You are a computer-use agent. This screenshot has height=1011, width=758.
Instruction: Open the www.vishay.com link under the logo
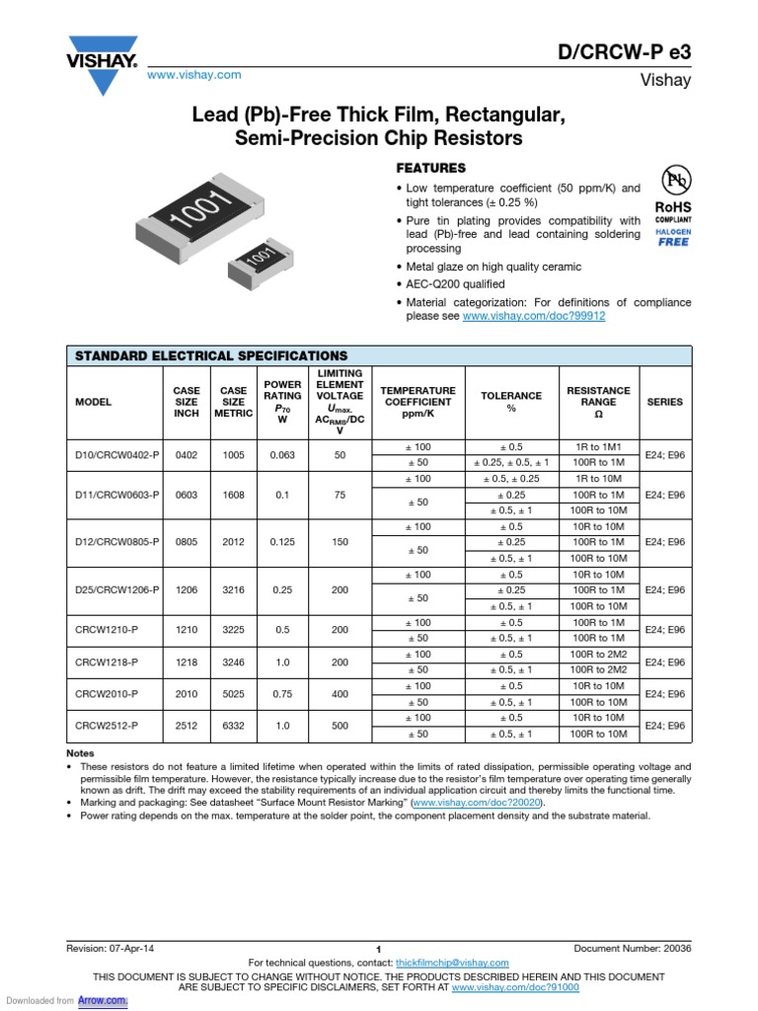(193, 75)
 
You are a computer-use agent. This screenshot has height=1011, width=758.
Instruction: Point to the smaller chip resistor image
(262, 260)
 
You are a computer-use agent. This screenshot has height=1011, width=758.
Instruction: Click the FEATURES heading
(430, 168)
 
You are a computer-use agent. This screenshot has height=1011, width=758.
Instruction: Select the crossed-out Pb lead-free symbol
(675, 180)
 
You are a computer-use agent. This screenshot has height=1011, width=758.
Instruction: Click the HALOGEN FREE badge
(674, 236)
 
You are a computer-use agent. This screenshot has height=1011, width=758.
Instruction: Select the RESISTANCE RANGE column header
(598, 402)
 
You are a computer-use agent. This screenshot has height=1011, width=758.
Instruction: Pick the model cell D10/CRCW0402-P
(116, 454)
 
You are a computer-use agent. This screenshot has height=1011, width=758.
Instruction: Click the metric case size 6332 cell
(233, 726)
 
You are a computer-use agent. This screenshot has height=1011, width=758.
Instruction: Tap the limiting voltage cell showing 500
(341, 726)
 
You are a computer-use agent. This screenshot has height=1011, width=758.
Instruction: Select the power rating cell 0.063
(281, 454)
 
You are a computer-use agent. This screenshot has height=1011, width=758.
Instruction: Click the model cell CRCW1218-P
(107, 661)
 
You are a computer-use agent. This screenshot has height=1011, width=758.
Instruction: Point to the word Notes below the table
(80, 753)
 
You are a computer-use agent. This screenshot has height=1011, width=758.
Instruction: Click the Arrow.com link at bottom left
(104, 1000)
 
